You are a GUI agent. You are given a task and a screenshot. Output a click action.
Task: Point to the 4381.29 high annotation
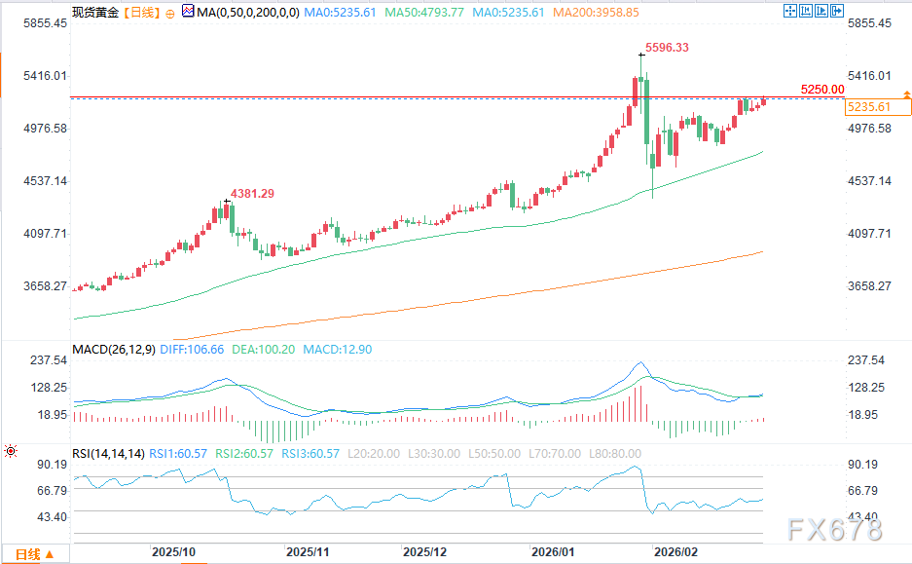[x=252, y=194]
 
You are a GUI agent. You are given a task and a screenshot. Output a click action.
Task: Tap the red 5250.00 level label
[x=822, y=89]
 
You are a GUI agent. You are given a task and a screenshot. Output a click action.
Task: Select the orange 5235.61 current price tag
[x=869, y=107]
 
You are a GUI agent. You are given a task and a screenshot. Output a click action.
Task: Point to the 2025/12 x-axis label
[x=424, y=551]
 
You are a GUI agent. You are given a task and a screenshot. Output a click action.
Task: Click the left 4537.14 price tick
[x=37, y=181]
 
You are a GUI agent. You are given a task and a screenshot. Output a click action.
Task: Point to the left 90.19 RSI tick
[x=51, y=465]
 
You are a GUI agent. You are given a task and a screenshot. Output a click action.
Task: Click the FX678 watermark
[x=835, y=530]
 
